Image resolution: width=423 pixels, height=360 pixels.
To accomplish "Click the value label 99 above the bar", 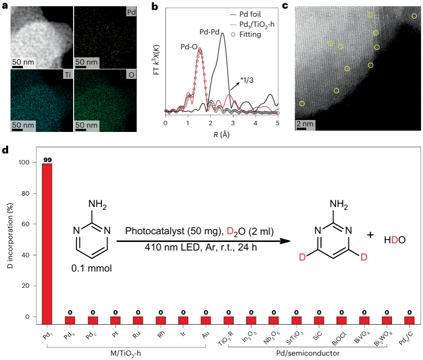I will point(47,159).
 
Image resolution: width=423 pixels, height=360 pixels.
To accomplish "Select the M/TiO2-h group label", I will point(125,353).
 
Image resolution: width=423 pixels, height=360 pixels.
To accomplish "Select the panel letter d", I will point(5,150).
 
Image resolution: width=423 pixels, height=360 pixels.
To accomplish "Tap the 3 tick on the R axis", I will point(233,123).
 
